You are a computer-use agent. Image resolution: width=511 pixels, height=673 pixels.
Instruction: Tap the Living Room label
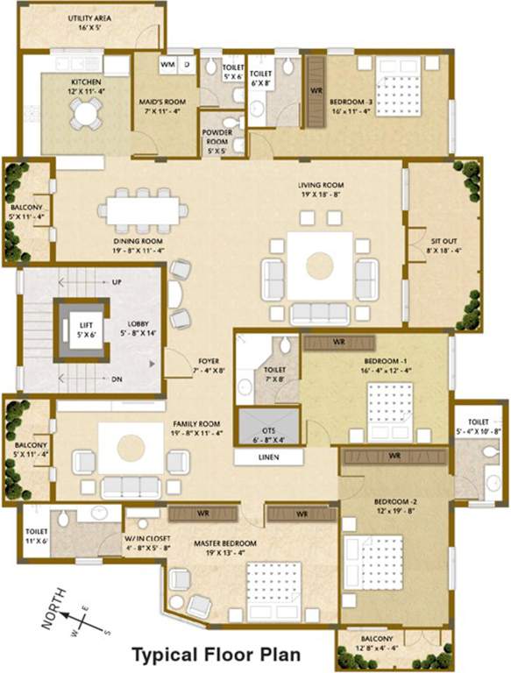click(321, 190)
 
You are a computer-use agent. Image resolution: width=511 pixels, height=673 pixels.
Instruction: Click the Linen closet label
click(268, 457)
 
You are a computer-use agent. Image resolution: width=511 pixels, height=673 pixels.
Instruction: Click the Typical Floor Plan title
click(216, 654)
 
